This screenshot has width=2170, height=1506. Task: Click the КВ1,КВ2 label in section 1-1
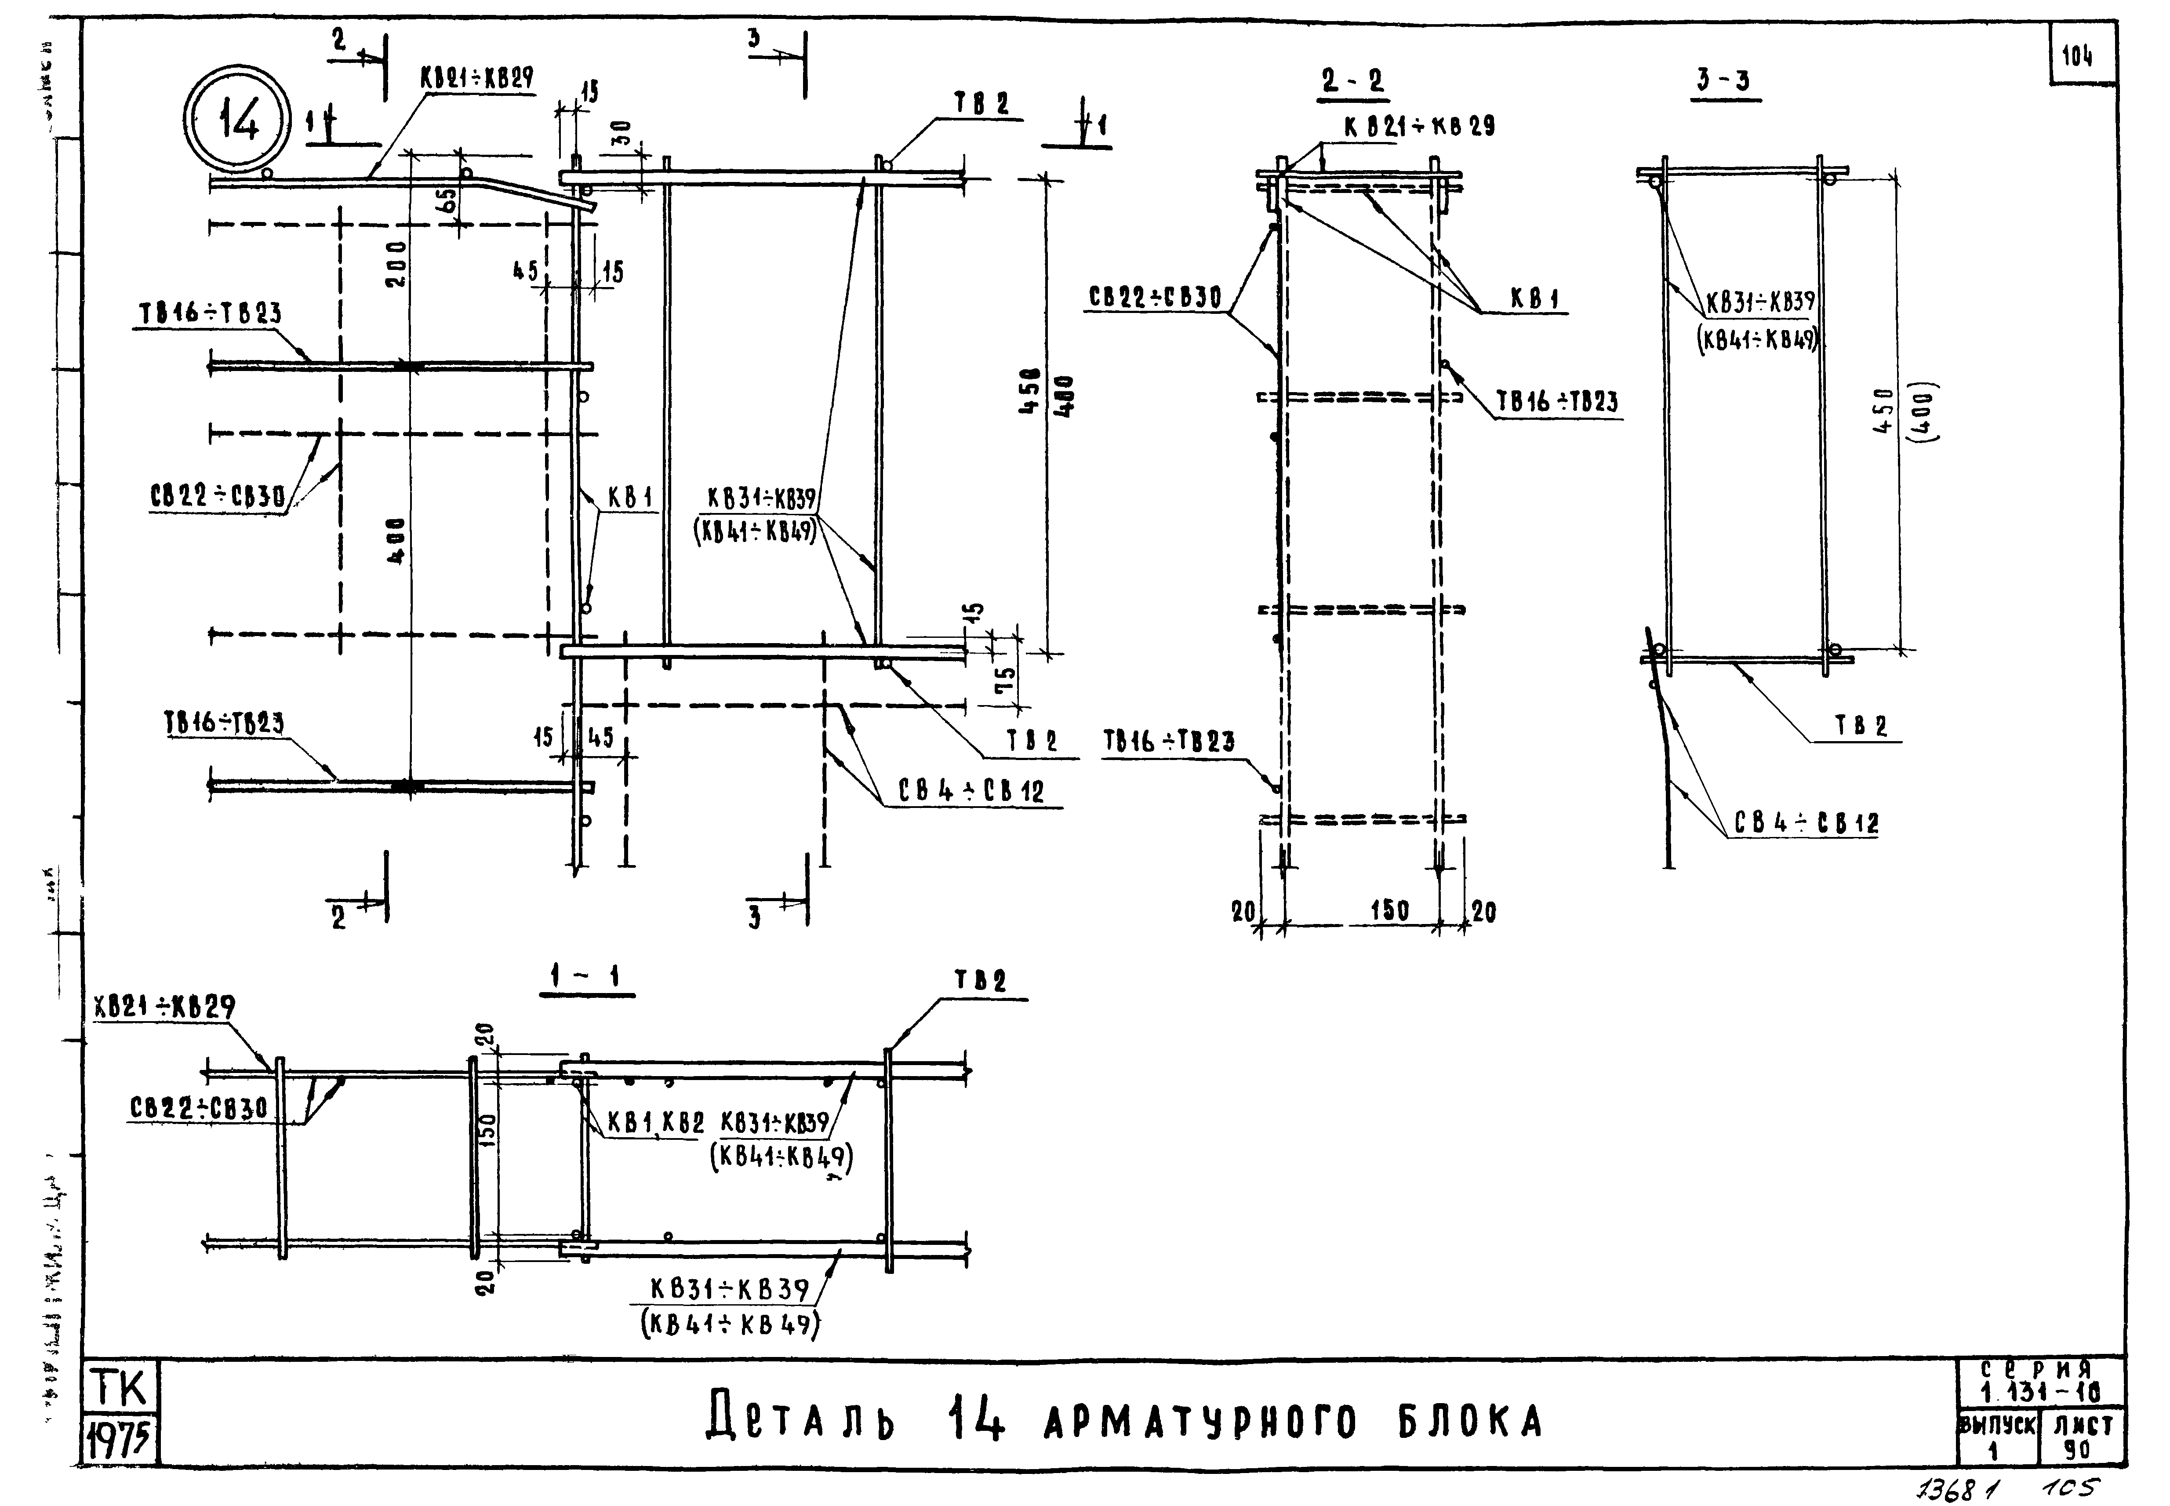(656, 1123)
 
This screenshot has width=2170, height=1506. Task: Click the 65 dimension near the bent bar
(447, 199)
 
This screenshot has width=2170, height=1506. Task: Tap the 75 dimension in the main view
(1006, 677)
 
